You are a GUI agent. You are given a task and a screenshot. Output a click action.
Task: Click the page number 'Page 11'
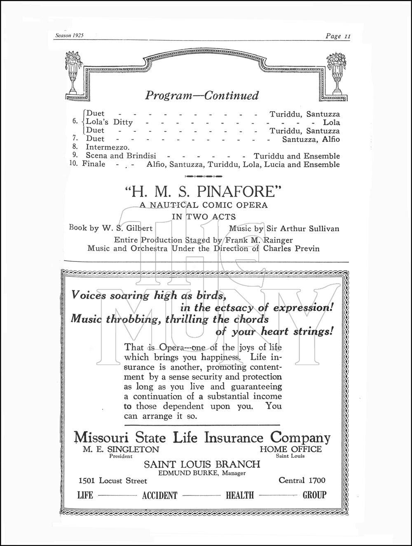337,36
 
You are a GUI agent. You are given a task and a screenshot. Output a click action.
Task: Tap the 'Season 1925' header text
69,36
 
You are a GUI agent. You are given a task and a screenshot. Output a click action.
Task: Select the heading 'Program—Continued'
202,96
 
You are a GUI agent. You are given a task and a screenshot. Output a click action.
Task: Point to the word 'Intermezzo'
108,147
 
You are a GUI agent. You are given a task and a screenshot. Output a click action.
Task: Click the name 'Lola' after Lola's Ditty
331,122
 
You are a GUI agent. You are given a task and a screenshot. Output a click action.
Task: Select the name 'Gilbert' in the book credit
139,228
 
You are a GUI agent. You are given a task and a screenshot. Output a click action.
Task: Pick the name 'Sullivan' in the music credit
324,229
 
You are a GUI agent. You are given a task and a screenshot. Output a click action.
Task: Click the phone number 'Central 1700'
302,480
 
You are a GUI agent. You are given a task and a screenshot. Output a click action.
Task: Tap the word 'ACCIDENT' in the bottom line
159,495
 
